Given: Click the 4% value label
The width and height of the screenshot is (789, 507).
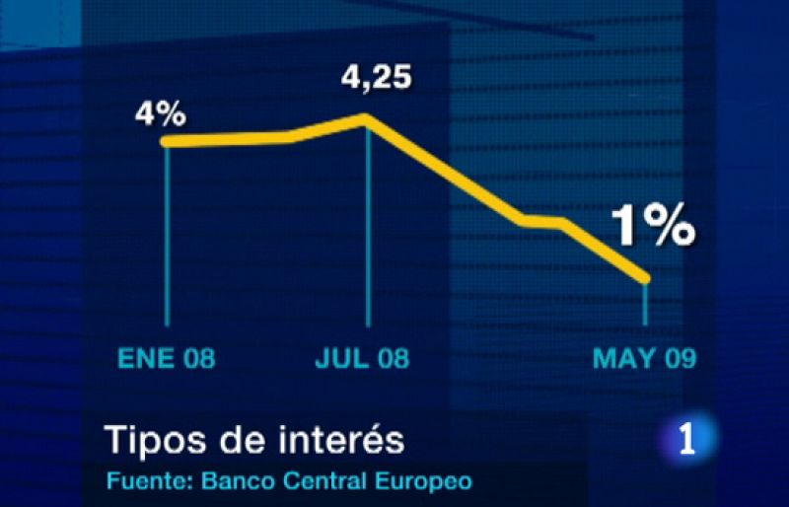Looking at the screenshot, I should click(161, 114).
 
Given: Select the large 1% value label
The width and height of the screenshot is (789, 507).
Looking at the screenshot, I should click(653, 227).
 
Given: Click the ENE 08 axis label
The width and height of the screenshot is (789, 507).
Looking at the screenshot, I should click(167, 358).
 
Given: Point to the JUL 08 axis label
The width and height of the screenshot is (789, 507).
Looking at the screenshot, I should click(362, 358).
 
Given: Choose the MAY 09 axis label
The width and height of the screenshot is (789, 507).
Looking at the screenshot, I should click(644, 358).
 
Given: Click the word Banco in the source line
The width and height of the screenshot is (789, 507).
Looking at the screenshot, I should click(233, 482).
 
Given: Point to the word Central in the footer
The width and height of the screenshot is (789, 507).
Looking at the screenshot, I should click(316, 482).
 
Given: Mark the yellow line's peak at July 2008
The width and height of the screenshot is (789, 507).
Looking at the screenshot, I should click(367, 118).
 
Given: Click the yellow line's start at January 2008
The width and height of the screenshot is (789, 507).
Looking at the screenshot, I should click(167, 142).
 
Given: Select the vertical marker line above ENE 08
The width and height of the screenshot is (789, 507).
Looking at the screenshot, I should click(167, 237).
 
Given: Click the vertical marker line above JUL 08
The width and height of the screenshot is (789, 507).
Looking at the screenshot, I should click(368, 227).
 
